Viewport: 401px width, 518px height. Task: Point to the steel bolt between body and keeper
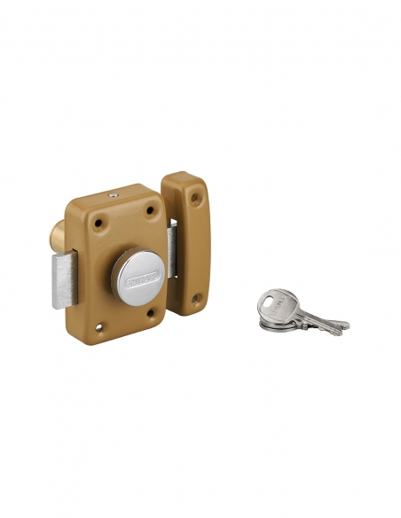tap(171, 250)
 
